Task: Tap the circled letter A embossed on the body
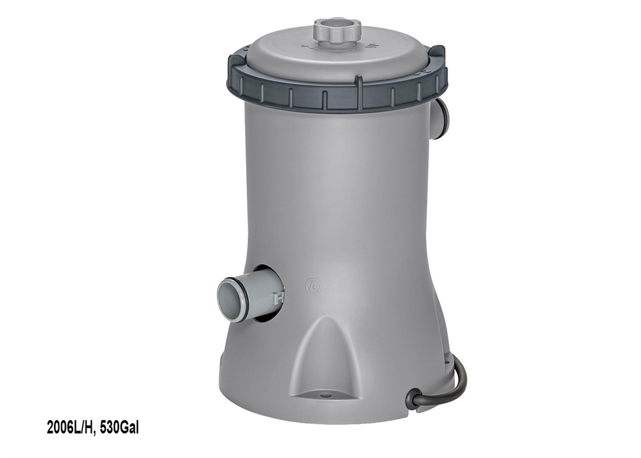(x=313, y=286)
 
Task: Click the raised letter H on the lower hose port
(x=279, y=298)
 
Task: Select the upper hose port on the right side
(x=442, y=117)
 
